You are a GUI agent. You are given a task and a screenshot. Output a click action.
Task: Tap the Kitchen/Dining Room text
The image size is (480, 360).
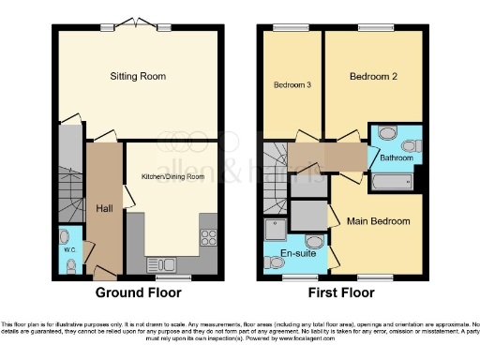(172, 176)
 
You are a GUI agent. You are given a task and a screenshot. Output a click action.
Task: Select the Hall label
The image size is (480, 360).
(104, 208)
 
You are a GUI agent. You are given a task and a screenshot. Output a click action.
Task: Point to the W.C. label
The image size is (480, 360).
(70, 250)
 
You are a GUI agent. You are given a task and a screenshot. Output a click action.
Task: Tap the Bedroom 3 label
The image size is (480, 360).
(292, 85)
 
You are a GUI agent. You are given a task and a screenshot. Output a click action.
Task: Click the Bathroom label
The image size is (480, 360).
(396, 158)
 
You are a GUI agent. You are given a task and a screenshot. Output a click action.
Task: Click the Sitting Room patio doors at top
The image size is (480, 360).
(136, 26)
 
